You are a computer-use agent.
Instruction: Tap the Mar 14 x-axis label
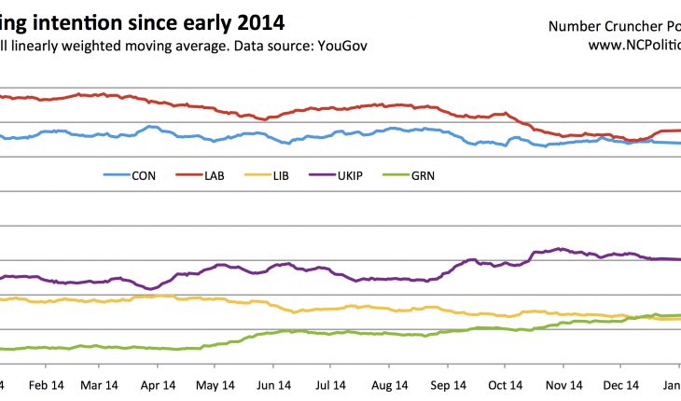pos(101,384)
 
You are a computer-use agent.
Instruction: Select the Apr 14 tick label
pos(158,384)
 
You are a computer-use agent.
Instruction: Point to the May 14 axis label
pos(215,384)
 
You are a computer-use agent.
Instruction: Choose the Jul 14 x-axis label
pos(331,384)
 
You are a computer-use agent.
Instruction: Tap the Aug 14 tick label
pos(389,384)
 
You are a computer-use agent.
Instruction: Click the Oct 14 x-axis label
pos(505,384)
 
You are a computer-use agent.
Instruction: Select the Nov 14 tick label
pos(563,384)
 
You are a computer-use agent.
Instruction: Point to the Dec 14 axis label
pos(620,384)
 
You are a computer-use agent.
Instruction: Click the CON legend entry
pos(143,174)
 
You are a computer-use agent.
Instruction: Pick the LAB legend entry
pos(213,174)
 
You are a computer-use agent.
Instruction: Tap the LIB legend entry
pos(281,174)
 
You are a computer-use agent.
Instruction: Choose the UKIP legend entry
pos(354,174)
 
